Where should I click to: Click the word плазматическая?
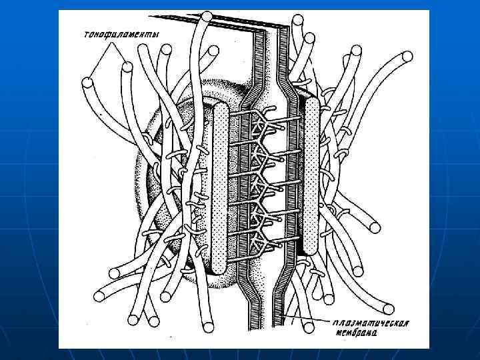pyautogui.click(x=371, y=325)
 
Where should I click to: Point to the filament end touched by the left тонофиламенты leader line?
pyautogui.click(x=87, y=83)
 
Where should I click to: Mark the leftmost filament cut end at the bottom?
pyautogui.click(x=101, y=294)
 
